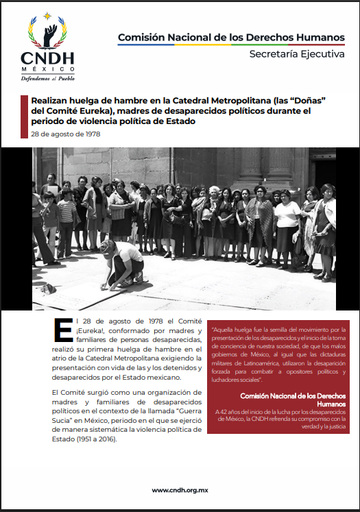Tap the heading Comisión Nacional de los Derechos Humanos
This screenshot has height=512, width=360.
click(x=231, y=36)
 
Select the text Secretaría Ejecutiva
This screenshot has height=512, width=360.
click(x=297, y=53)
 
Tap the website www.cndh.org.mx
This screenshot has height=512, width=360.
click(x=180, y=489)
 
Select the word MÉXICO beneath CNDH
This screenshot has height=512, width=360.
click(x=47, y=70)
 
